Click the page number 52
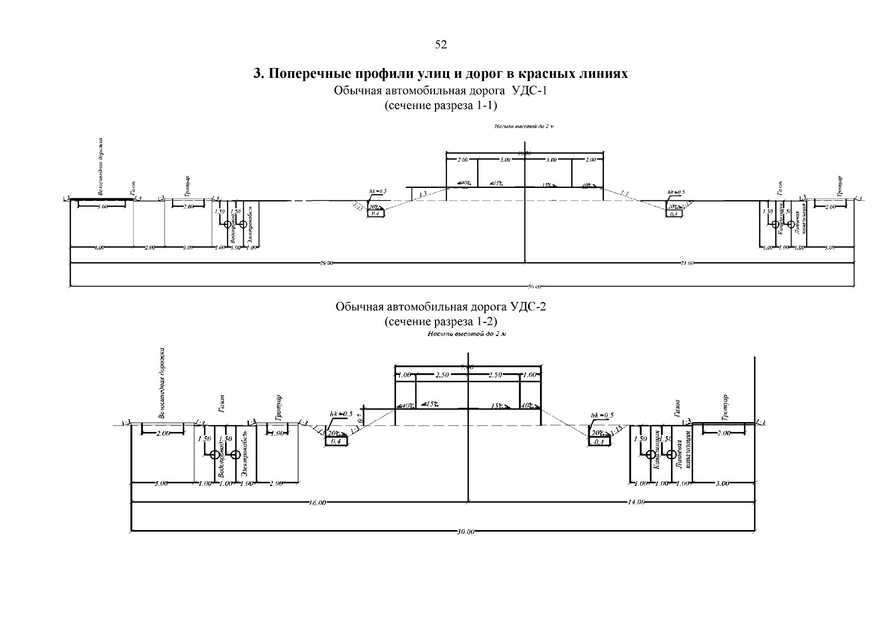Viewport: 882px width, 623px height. (x=441, y=45)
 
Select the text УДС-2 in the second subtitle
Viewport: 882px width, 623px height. (x=529, y=307)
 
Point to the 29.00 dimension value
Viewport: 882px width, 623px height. (x=326, y=263)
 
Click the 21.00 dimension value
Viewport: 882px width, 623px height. (x=687, y=263)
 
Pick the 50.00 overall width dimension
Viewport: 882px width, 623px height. (x=535, y=286)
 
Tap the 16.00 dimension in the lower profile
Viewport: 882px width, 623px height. (x=317, y=503)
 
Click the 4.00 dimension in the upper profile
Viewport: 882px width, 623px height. (x=100, y=248)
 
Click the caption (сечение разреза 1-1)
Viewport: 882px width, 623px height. (x=441, y=106)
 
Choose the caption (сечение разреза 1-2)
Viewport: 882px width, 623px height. (x=441, y=321)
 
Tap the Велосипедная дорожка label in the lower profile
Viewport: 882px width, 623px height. (x=163, y=383)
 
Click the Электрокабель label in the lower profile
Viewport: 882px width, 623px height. (x=245, y=455)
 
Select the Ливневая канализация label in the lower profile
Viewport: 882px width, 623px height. (x=683, y=449)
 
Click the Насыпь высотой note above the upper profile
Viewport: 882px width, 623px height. (x=524, y=126)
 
